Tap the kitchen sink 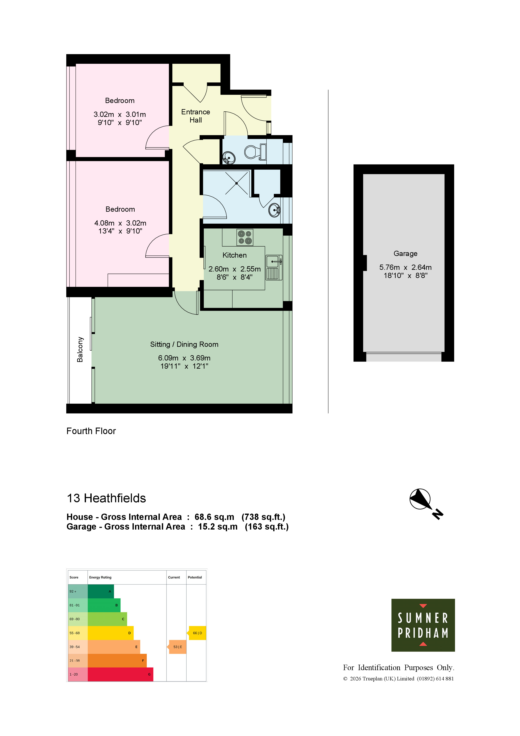[274, 268]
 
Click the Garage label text [405, 254]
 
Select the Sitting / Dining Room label [184, 344]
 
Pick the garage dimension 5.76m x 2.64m [405, 267]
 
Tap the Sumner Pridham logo [423, 625]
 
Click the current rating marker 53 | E [177, 647]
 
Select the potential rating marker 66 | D [196, 633]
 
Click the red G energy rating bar [121, 675]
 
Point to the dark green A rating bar [101, 591]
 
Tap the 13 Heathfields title [106, 498]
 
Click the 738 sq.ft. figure [263, 517]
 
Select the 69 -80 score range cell [78, 619]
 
